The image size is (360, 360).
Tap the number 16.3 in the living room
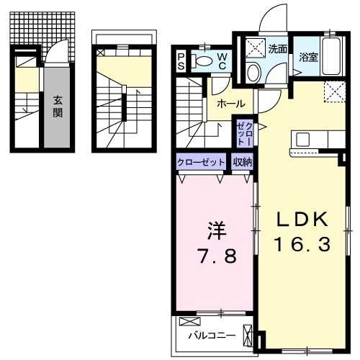coord(302,245)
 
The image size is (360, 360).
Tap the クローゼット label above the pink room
coord(201,163)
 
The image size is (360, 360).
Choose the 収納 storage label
coord(242,163)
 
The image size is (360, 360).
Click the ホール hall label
coord(230,104)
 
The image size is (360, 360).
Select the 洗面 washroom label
coord(278,50)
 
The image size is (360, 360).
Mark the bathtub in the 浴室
coord(333,58)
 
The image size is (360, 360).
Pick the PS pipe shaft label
coord(180,61)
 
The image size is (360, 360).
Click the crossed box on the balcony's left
coord(188,322)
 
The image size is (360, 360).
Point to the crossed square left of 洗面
coord(254,48)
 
